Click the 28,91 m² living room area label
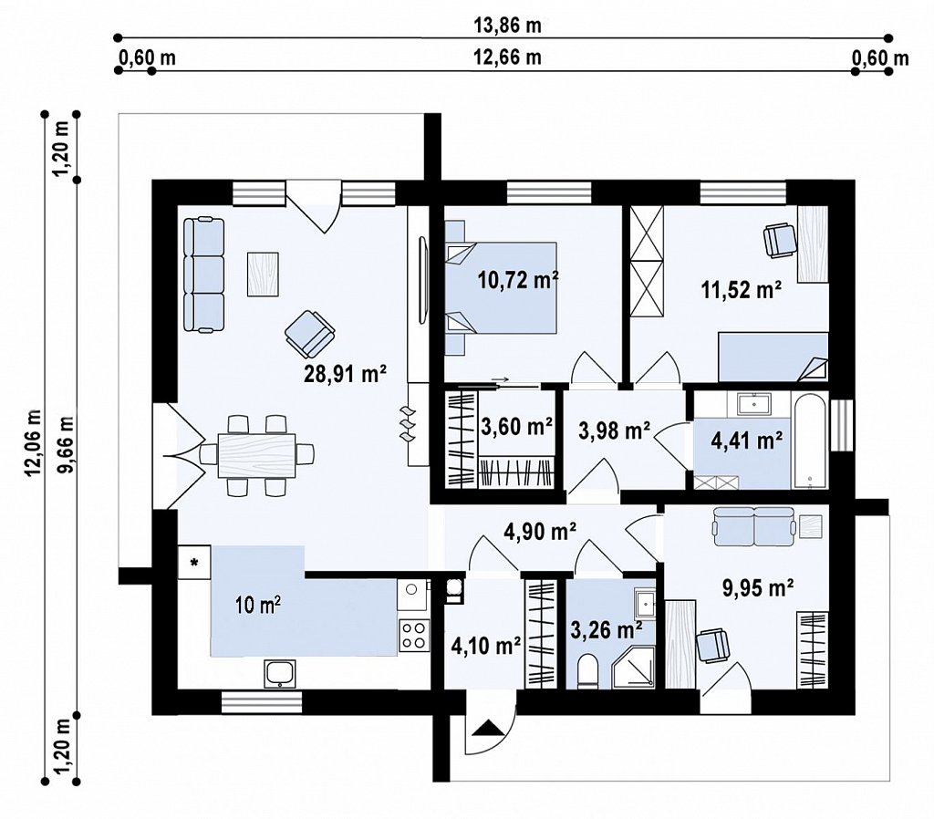click(x=346, y=374)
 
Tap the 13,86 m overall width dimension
click(x=507, y=25)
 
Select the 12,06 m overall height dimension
click(x=33, y=442)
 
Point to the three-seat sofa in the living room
click(x=203, y=275)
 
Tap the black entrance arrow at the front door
click(x=488, y=728)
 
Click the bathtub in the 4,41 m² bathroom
click(x=810, y=440)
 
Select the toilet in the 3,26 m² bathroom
click(x=587, y=671)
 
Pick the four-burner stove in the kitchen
click(x=413, y=635)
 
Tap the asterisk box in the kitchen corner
click(x=194, y=563)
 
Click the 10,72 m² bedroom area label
click(x=518, y=279)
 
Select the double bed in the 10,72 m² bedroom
click(x=501, y=287)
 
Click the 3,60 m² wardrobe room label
click(x=516, y=427)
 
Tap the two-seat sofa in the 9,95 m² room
click(x=754, y=526)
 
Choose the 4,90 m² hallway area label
click(x=540, y=531)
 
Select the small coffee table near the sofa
click(x=264, y=274)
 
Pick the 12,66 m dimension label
click(x=507, y=57)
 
